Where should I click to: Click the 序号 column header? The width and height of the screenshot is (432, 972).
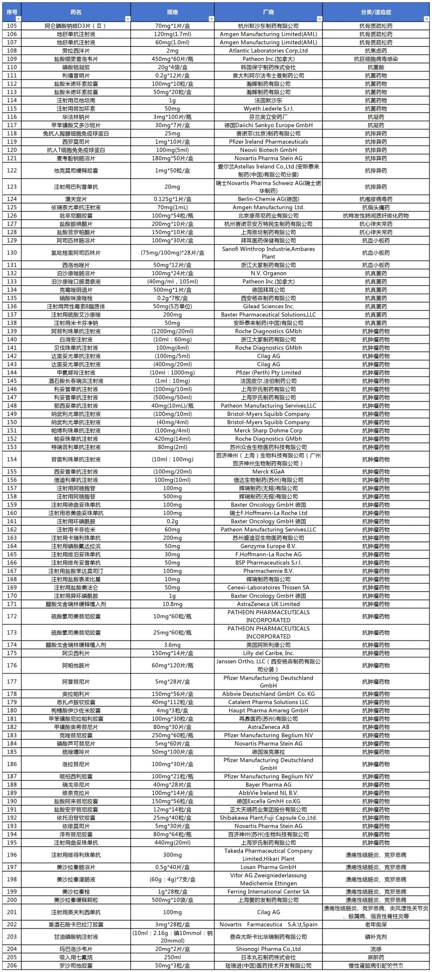[12, 12]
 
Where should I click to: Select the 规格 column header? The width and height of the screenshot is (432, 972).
[172, 12]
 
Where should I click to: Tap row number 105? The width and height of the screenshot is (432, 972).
[12, 26]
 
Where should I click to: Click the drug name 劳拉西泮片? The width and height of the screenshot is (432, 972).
[76, 51]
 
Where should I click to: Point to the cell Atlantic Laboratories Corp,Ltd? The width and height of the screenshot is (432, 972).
[268, 51]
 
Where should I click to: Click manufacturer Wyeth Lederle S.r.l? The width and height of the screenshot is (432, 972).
[268, 109]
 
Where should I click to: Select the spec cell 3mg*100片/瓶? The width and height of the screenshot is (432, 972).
[172, 117]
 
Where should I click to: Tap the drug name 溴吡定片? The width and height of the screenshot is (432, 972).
[76, 199]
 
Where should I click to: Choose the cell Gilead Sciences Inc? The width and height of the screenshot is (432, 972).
[268, 306]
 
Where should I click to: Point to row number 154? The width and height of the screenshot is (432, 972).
[12, 459]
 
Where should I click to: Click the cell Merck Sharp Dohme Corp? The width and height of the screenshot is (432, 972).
[268, 431]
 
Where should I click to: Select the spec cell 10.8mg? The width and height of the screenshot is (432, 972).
[172, 604]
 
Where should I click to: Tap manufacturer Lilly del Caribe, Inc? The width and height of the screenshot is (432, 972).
[268, 653]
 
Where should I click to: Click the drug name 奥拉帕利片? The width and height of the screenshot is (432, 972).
[76, 694]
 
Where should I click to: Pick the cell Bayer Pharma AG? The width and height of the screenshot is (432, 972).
[268, 785]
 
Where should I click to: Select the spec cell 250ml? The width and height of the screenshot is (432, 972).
[172, 957]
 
